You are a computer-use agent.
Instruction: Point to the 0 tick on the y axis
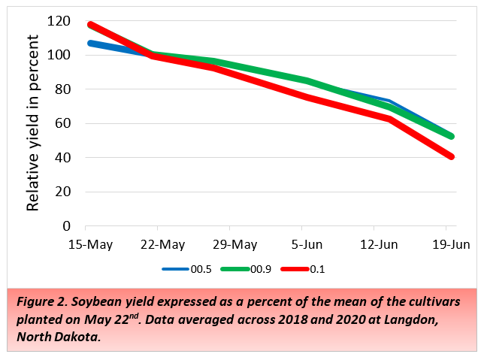pyautogui.click(x=67, y=225)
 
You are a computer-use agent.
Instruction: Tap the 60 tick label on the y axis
pyautogui.click(x=64, y=123)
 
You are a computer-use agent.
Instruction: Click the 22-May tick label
pyautogui.click(x=158, y=245)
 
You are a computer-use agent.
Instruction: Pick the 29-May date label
pyautogui.click(x=229, y=245)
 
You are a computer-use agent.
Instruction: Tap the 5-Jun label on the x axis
pyautogui.click(x=301, y=245)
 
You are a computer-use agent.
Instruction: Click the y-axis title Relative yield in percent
pyautogui.click(x=34, y=124)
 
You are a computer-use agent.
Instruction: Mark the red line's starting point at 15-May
pyautogui.click(x=89, y=25)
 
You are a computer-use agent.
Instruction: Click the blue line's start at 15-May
pyautogui.click(x=89, y=43)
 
